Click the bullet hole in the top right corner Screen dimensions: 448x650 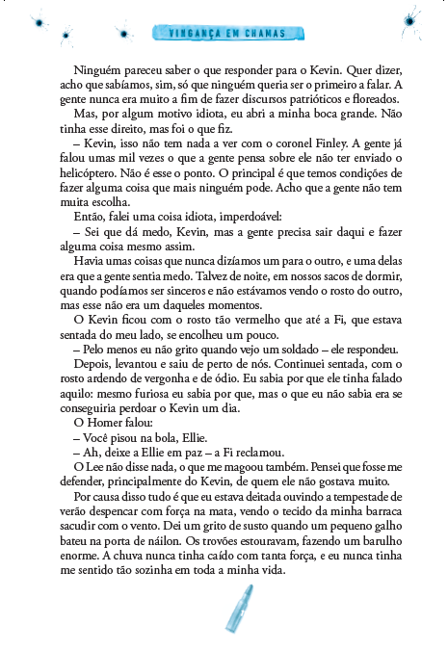pyautogui.click(x=409, y=21)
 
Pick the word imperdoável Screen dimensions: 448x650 pyautogui.click(x=249, y=217)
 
